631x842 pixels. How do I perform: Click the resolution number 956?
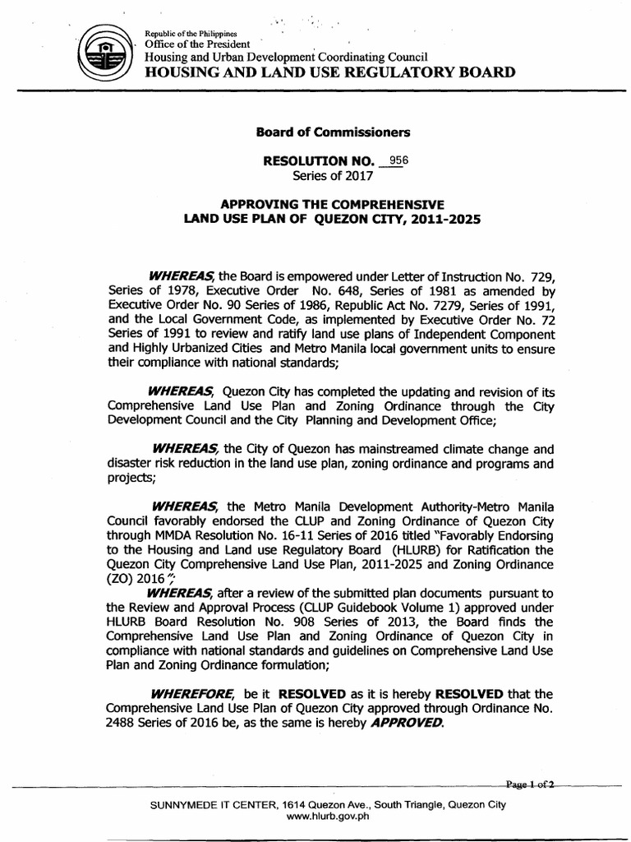[398, 160]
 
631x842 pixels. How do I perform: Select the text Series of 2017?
[333, 175]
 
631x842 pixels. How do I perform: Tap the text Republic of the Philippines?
[191, 32]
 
